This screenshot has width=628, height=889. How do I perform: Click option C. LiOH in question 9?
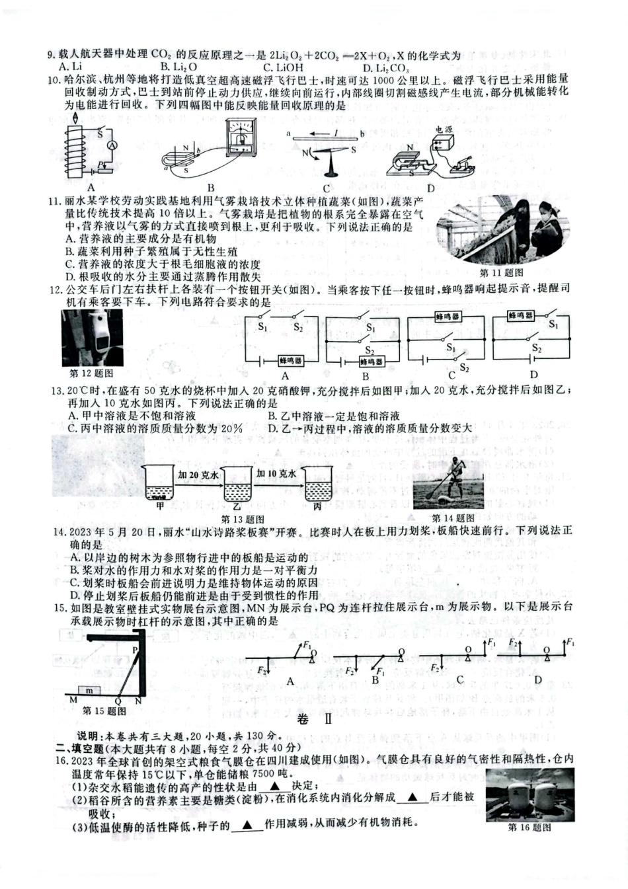pyautogui.click(x=283, y=67)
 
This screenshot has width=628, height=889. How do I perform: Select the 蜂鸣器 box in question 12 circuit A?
pyautogui.click(x=290, y=361)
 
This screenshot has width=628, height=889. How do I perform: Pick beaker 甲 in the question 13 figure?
pyautogui.click(x=159, y=484)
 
